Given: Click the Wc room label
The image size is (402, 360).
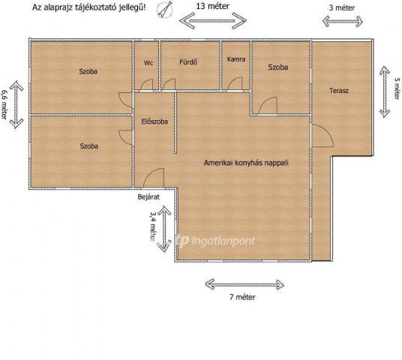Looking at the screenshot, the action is coord(148,63).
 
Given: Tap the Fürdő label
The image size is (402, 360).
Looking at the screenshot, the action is coord(188,62).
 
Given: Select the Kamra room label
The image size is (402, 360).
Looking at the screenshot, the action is coord(236,59).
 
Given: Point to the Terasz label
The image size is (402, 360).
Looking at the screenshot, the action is coord(339,91).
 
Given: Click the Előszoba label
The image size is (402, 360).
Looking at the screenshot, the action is coord(154,121).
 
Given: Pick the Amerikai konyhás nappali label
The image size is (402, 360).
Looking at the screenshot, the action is coord(246,163).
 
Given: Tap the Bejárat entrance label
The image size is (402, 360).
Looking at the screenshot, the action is coord(148,197).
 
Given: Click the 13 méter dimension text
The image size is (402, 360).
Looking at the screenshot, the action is coord(213,6).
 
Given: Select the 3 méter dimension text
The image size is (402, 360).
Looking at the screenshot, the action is coord(342,7).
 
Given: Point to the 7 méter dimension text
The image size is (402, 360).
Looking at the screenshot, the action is coord(242,297).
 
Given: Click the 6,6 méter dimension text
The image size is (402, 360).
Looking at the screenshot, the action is coord(4,104).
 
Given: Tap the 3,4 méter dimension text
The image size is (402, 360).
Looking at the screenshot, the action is coord(153,226).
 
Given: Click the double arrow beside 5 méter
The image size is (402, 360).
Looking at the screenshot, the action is coord(385,91).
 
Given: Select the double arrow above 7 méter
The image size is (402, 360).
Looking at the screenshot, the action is coord(244,284).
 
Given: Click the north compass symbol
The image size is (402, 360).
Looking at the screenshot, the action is coord(164,10).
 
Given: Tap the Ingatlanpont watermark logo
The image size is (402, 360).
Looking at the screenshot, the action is coord(215,241).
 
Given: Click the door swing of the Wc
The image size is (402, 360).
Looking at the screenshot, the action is coord(147,85).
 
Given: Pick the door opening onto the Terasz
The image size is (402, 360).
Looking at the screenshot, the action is coord(322,136).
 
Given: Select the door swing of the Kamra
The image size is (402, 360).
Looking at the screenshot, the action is coord(235,83).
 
